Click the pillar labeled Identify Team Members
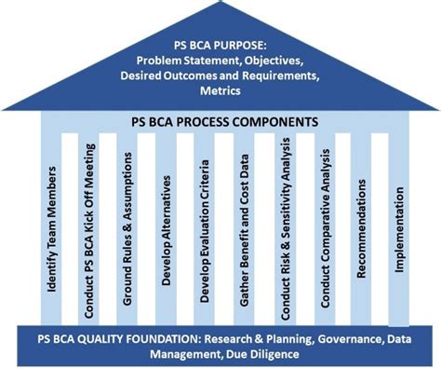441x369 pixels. click(53, 228)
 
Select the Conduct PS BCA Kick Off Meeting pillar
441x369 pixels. click(90, 228)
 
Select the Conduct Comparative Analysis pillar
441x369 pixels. click(322, 228)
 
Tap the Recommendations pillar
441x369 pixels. click(360, 228)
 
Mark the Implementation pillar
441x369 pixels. click(399, 228)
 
